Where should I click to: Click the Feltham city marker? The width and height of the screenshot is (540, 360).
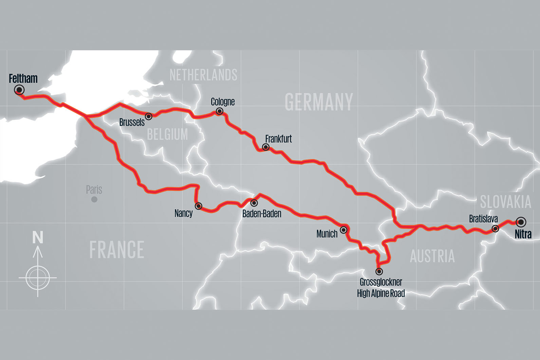click(x=19, y=90)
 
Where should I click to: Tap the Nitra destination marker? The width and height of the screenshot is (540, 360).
click(x=521, y=222)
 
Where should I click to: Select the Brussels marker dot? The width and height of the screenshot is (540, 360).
click(x=149, y=116)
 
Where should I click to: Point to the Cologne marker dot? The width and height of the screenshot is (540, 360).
click(x=220, y=111)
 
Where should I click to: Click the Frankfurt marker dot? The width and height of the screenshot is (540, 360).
click(x=266, y=147)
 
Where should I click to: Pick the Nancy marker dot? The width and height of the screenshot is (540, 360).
click(x=198, y=206)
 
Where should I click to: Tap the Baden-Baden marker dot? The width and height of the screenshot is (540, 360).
click(x=254, y=203)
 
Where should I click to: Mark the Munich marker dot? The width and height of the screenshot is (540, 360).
click(x=343, y=230)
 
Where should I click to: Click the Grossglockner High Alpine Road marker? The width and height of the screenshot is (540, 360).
click(x=379, y=271)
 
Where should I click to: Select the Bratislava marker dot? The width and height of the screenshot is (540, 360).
click(x=496, y=229)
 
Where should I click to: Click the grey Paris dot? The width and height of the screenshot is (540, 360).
click(x=94, y=199)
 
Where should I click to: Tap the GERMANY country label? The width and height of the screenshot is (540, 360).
click(x=319, y=102)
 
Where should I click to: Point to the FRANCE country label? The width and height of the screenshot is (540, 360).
click(x=117, y=250)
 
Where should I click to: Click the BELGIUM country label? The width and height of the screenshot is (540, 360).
click(x=167, y=134)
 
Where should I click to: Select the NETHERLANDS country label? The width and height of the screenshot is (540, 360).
click(x=203, y=75)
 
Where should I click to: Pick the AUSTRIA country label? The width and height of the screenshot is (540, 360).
click(x=432, y=256)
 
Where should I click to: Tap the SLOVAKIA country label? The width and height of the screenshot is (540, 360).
click(x=505, y=202)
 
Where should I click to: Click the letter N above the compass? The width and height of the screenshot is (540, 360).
click(x=38, y=237)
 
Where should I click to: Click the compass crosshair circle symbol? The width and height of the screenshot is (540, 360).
click(x=38, y=278)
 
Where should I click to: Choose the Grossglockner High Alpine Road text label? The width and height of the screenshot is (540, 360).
click(x=381, y=288)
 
